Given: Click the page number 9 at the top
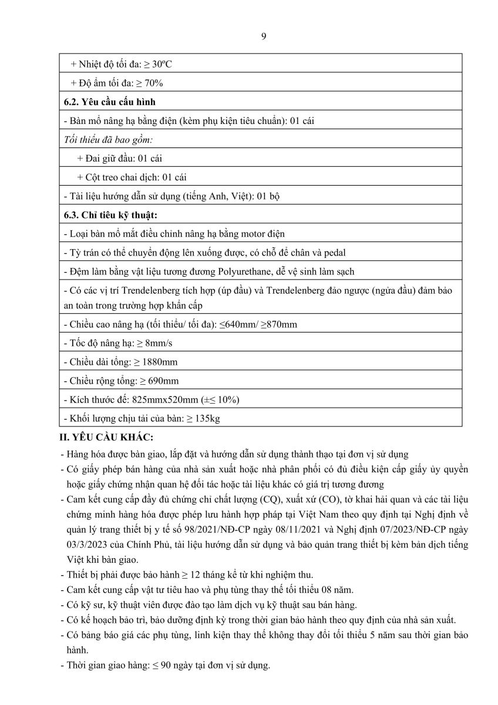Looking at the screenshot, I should click(x=263, y=36).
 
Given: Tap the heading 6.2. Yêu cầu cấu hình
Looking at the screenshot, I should click(x=110, y=102).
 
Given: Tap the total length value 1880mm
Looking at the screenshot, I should click(x=158, y=362).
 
